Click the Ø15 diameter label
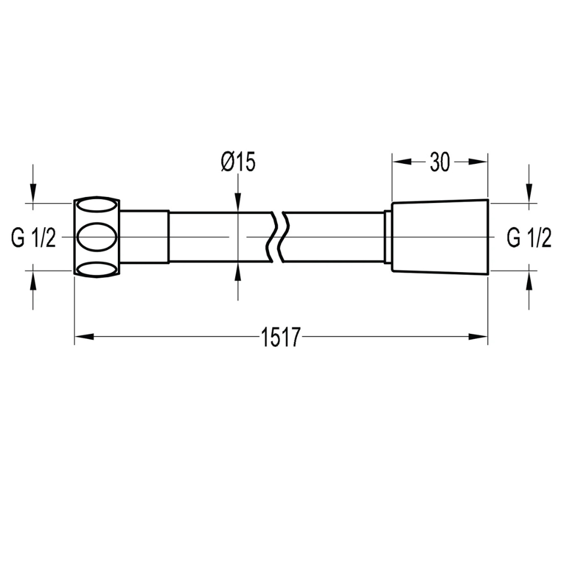pyautogui.click(x=238, y=162)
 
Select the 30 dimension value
pyautogui.click(x=440, y=162)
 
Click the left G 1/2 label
pyautogui.click(x=34, y=238)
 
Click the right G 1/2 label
pyautogui.click(x=529, y=238)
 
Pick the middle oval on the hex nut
pyautogui.click(x=96, y=237)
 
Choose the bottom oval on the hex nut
pyautogui.click(x=96, y=269)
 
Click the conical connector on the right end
pyautogui.click(x=440, y=237)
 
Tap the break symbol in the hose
pyautogui.click(x=279, y=237)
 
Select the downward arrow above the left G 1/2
pyautogui.click(x=34, y=194)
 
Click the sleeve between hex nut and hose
pyautogui.click(x=144, y=237)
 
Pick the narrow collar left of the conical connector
pyautogui.click(x=387, y=237)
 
